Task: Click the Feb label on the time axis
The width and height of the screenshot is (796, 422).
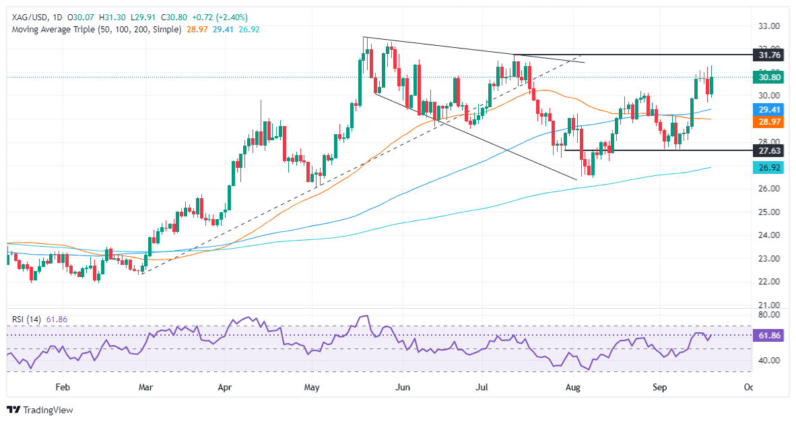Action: pos(62,388)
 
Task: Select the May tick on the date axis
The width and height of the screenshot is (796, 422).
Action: pos(311,388)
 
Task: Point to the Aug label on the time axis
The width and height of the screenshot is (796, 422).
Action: pos(573,388)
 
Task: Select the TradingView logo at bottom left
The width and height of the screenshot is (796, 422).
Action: pos(39,410)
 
